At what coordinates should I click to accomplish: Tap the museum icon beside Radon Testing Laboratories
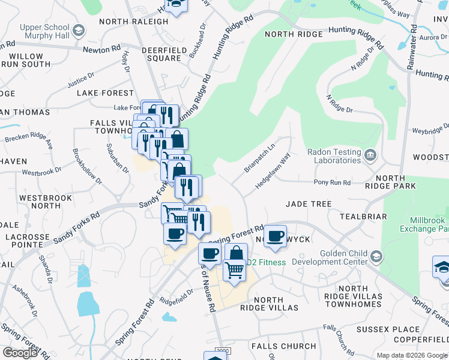(x=370, y=156)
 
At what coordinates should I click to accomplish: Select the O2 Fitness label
(x=268, y=261)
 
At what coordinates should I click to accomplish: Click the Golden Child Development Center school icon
(x=376, y=257)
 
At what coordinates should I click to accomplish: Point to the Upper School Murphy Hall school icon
(x=78, y=31)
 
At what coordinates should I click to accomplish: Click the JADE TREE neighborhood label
(x=309, y=204)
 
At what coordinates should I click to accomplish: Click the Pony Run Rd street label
(x=332, y=182)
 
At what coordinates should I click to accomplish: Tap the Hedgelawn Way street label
(x=273, y=170)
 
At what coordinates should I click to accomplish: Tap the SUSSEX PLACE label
(x=388, y=329)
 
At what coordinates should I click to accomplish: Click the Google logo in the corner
(x=20, y=352)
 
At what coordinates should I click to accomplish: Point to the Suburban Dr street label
(x=117, y=158)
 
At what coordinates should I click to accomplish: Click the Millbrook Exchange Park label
(x=429, y=224)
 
